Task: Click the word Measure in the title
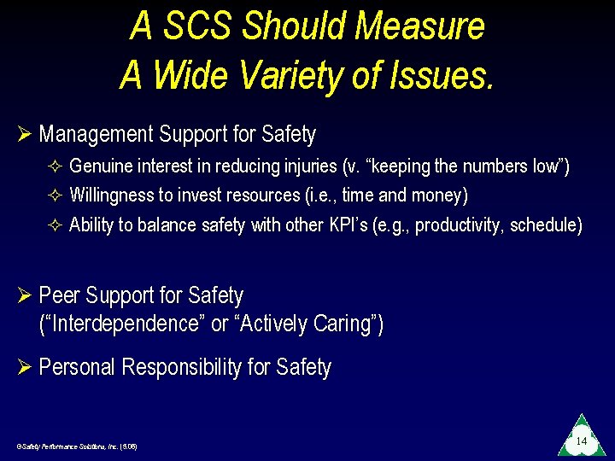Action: (419, 26)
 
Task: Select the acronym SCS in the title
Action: (196, 26)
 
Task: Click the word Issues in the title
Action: (441, 75)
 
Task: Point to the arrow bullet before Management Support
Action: (23, 135)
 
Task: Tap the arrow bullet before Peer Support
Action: (23, 296)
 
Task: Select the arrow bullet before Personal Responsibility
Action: (23, 368)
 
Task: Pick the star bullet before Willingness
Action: (56, 195)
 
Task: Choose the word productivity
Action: (457, 225)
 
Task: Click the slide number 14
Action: (581, 441)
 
